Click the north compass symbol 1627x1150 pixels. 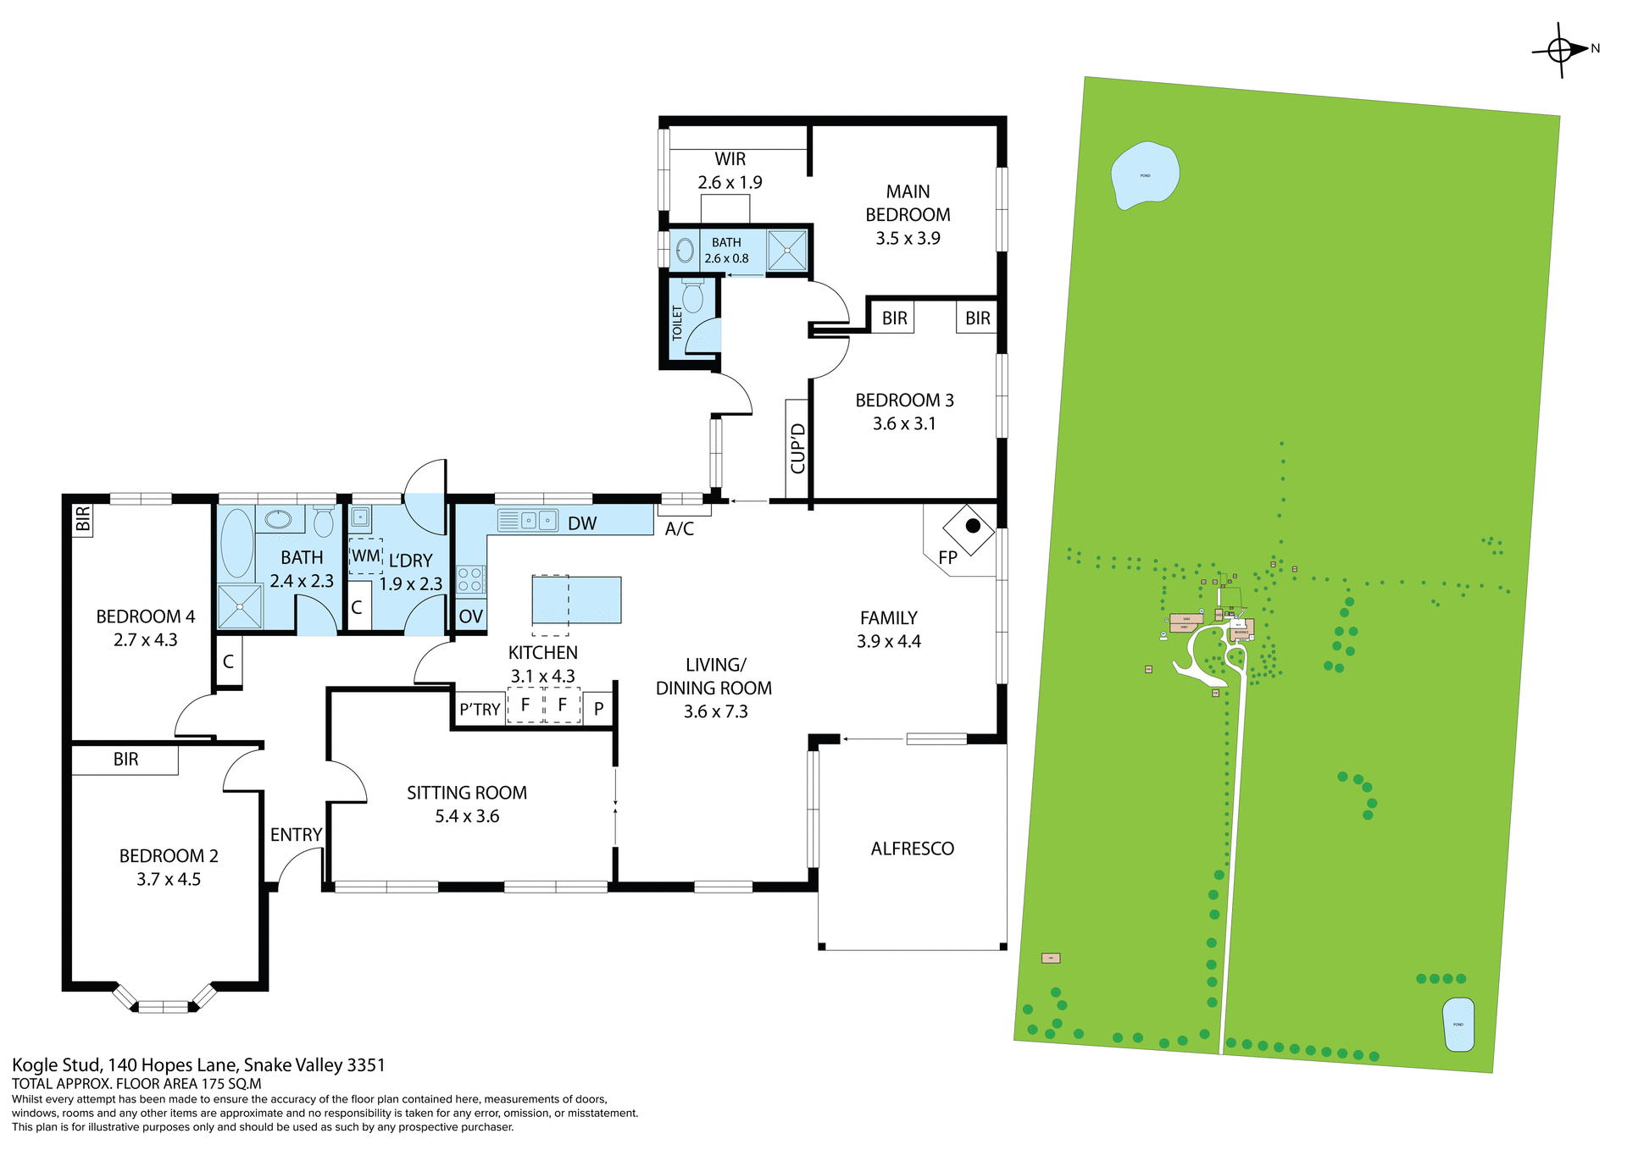point(1561,50)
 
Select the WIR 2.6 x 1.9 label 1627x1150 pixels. point(730,170)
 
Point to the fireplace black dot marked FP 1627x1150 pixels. point(973,526)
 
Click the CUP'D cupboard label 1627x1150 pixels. point(797,449)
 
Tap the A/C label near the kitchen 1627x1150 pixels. point(679,529)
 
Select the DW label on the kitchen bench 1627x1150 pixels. point(582,523)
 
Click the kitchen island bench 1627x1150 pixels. point(576,600)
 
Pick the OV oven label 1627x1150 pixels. point(470,616)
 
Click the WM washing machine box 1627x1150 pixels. point(365,556)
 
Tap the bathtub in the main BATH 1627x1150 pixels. point(236,543)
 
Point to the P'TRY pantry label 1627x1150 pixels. point(480,710)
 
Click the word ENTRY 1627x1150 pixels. point(296,835)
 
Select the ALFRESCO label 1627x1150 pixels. point(912,849)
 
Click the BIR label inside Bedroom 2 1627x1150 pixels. point(125,760)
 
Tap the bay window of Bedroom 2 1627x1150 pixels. point(163,1005)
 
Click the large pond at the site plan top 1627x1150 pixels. point(1144,175)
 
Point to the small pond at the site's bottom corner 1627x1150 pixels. point(1458,1025)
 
